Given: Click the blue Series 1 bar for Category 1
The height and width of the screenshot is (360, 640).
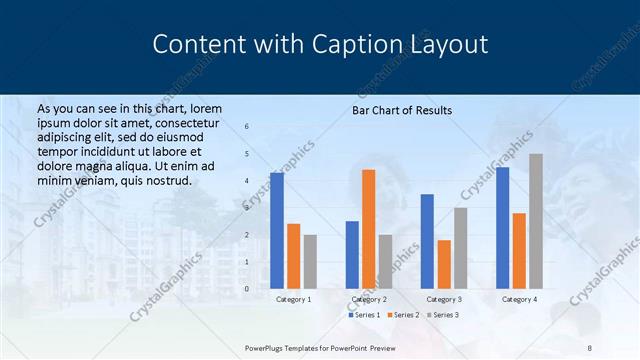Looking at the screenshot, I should (276, 231).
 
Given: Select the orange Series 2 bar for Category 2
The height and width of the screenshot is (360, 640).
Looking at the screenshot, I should (368, 229).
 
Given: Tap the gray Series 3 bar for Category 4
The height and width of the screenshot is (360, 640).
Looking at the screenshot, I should (535, 221).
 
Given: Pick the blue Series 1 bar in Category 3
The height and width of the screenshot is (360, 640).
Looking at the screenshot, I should (427, 241).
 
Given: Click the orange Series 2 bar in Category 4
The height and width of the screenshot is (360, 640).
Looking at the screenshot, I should (519, 251).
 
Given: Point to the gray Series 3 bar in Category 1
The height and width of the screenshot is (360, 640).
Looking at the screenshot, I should (310, 262).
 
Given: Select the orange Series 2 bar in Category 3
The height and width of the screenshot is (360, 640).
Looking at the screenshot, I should (444, 264).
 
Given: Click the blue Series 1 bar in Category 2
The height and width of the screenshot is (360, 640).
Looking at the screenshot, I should (352, 255).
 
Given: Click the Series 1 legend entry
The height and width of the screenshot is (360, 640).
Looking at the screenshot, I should (364, 315).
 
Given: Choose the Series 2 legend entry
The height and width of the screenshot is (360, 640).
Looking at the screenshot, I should (404, 315).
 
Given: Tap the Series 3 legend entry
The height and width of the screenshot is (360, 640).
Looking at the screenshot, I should (444, 315).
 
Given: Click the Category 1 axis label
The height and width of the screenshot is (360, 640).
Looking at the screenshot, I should (293, 299).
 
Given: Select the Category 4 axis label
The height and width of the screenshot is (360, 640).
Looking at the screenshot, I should (518, 299).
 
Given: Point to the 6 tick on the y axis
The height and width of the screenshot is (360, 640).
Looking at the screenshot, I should (247, 126).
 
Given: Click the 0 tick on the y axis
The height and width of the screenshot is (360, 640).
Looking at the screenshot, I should (247, 289).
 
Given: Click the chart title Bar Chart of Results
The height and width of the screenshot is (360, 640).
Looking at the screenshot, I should (402, 110).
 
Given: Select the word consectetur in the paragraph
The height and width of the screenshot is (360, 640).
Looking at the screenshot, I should (182, 123).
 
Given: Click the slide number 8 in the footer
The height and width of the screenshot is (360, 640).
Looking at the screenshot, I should (589, 347).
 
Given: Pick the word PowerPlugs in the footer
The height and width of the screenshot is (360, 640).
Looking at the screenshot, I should (268, 347).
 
